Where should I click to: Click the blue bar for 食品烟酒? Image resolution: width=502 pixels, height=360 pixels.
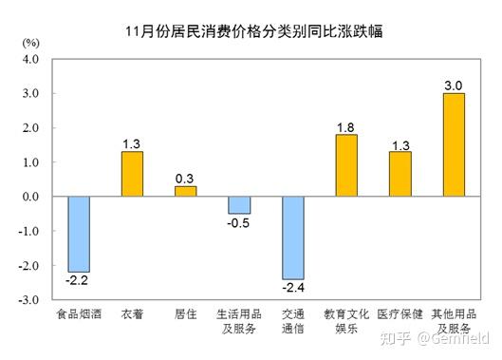pyautogui.click(x=79, y=234)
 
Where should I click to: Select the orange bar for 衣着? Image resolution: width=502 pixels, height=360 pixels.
pyautogui.click(x=132, y=174)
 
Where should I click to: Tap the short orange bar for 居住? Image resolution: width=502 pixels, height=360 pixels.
pyautogui.click(x=185, y=191)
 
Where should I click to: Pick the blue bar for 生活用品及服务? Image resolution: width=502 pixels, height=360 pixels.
pyautogui.click(x=239, y=205)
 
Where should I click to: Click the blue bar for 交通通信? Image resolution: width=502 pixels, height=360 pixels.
pyautogui.click(x=292, y=237)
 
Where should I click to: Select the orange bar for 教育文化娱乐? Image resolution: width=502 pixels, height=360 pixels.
pyautogui.click(x=346, y=165)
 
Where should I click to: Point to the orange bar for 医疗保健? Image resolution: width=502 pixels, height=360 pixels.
pyautogui.click(x=400, y=174)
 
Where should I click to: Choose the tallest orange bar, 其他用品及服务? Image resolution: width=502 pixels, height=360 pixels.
pyautogui.click(x=454, y=144)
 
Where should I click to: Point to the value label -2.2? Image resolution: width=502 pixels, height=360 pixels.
pyautogui.click(x=79, y=280)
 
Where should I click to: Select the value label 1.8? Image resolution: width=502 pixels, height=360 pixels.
pyautogui.click(x=346, y=126)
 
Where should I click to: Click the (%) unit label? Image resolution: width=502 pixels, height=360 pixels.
pyautogui.click(x=29, y=44)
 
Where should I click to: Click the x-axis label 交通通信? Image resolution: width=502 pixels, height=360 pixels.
pyautogui.click(x=292, y=321)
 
